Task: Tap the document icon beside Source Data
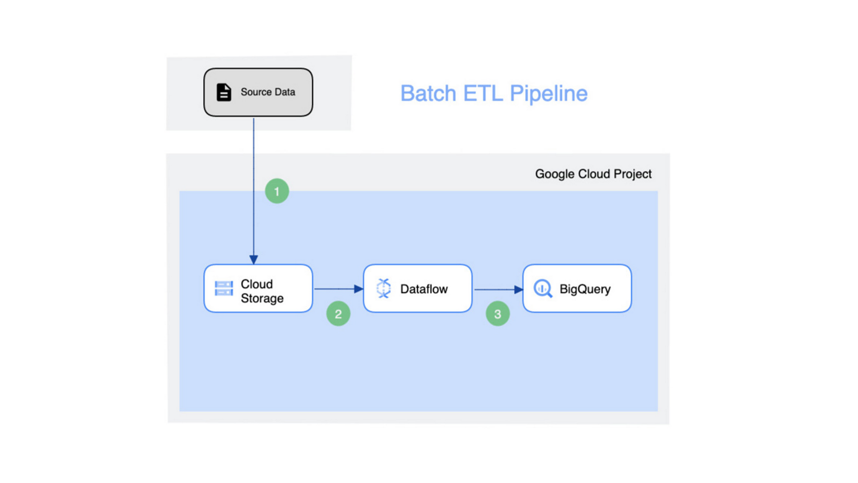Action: pyautogui.click(x=224, y=92)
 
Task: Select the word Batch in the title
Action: pyautogui.click(x=428, y=93)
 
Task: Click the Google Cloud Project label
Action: pyautogui.click(x=593, y=174)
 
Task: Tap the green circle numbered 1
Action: pyautogui.click(x=277, y=191)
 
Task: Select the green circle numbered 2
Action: pyautogui.click(x=338, y=314)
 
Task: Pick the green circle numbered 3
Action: pyautogui.click(x=497, y=314)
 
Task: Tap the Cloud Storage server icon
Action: pyautogui.click(x=224, y=288)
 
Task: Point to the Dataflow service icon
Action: pyautogui.click(x=384, y=288)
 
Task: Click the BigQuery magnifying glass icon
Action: pyautogui.click(x=543, y=288)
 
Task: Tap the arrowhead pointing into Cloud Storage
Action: pyautogui.click(x=254, y=260)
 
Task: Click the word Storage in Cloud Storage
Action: pyautogui.click(x=262, y=298)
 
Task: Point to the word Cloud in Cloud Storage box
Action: pyautogui.click(x=257, y=284)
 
